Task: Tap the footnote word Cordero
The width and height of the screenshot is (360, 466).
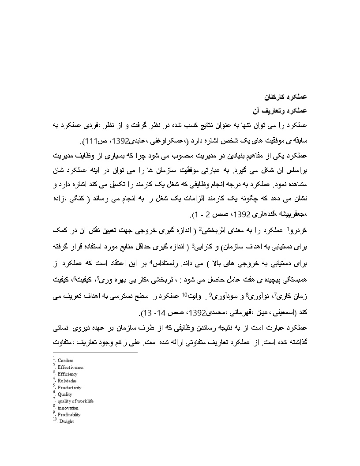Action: click(65, 361)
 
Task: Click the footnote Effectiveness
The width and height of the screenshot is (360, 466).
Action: click(70, 367)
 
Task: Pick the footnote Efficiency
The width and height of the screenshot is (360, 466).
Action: click(67, 374)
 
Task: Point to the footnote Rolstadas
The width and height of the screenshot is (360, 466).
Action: click(67, 380)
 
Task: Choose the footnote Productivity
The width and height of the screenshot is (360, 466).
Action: click(69, 387)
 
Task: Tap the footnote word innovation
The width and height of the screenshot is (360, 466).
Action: click(67, 408)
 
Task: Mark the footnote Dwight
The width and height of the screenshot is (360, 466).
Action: click(66, 421)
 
